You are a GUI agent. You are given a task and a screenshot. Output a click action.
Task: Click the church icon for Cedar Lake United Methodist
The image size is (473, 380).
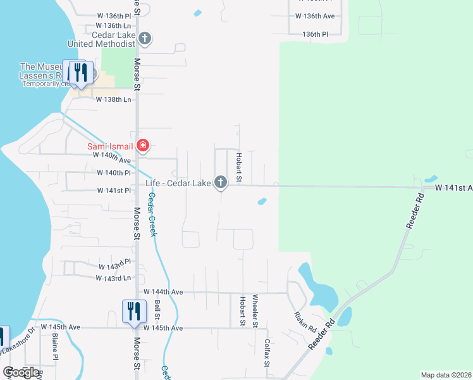145,39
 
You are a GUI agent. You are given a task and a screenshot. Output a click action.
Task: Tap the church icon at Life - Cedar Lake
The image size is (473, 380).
221,183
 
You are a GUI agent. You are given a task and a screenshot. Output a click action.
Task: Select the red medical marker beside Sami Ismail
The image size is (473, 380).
143,146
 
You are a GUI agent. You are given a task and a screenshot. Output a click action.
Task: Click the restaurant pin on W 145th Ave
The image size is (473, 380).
133,312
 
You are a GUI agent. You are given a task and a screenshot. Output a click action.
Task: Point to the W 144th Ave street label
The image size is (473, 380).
163,292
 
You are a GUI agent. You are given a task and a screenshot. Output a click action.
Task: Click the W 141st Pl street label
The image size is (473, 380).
114,191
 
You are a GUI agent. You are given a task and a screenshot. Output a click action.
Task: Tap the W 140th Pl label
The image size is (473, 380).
114,172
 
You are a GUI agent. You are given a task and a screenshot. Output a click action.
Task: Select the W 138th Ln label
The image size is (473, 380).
113,99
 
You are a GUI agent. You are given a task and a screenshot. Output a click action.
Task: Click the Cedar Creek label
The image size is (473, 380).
152,216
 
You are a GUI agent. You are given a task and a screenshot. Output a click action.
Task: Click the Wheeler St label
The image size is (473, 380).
255,311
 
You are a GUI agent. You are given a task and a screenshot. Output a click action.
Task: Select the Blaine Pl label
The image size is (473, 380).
55,347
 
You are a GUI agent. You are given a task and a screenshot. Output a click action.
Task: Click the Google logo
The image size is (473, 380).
21,372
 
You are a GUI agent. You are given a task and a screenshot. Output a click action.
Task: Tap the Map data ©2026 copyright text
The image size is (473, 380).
446,375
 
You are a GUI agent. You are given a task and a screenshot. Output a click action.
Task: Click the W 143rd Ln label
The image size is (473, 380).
113,278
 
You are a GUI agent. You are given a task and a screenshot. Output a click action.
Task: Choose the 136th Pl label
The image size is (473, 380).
316,34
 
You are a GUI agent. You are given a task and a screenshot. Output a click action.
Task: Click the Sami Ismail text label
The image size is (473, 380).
110,147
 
